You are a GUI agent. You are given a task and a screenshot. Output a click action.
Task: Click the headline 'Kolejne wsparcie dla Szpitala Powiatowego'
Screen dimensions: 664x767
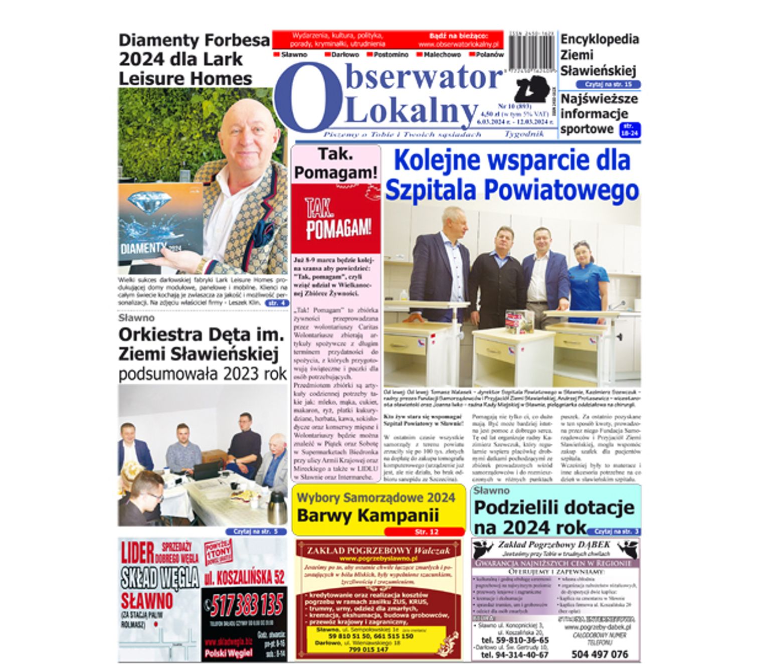tap(512, 176)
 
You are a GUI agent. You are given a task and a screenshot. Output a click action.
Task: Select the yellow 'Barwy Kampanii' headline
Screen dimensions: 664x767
tap(367, 515)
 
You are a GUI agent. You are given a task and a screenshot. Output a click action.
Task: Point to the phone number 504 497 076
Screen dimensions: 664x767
tap(599, 654)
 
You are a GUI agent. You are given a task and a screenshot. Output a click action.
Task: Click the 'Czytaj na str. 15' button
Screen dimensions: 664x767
tap(608, 84)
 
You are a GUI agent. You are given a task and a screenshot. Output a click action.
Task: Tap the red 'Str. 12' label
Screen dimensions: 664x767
tap(424, 532)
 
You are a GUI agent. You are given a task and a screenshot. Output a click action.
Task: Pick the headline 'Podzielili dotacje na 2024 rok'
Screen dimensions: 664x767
tap(553, 517)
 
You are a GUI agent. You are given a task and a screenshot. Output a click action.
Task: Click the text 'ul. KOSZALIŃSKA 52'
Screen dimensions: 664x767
tap(245, 577)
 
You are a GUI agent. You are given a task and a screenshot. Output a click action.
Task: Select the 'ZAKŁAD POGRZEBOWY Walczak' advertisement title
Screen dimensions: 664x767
tap(378, 550)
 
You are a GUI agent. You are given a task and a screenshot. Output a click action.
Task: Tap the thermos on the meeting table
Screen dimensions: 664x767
tap(277, 507)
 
